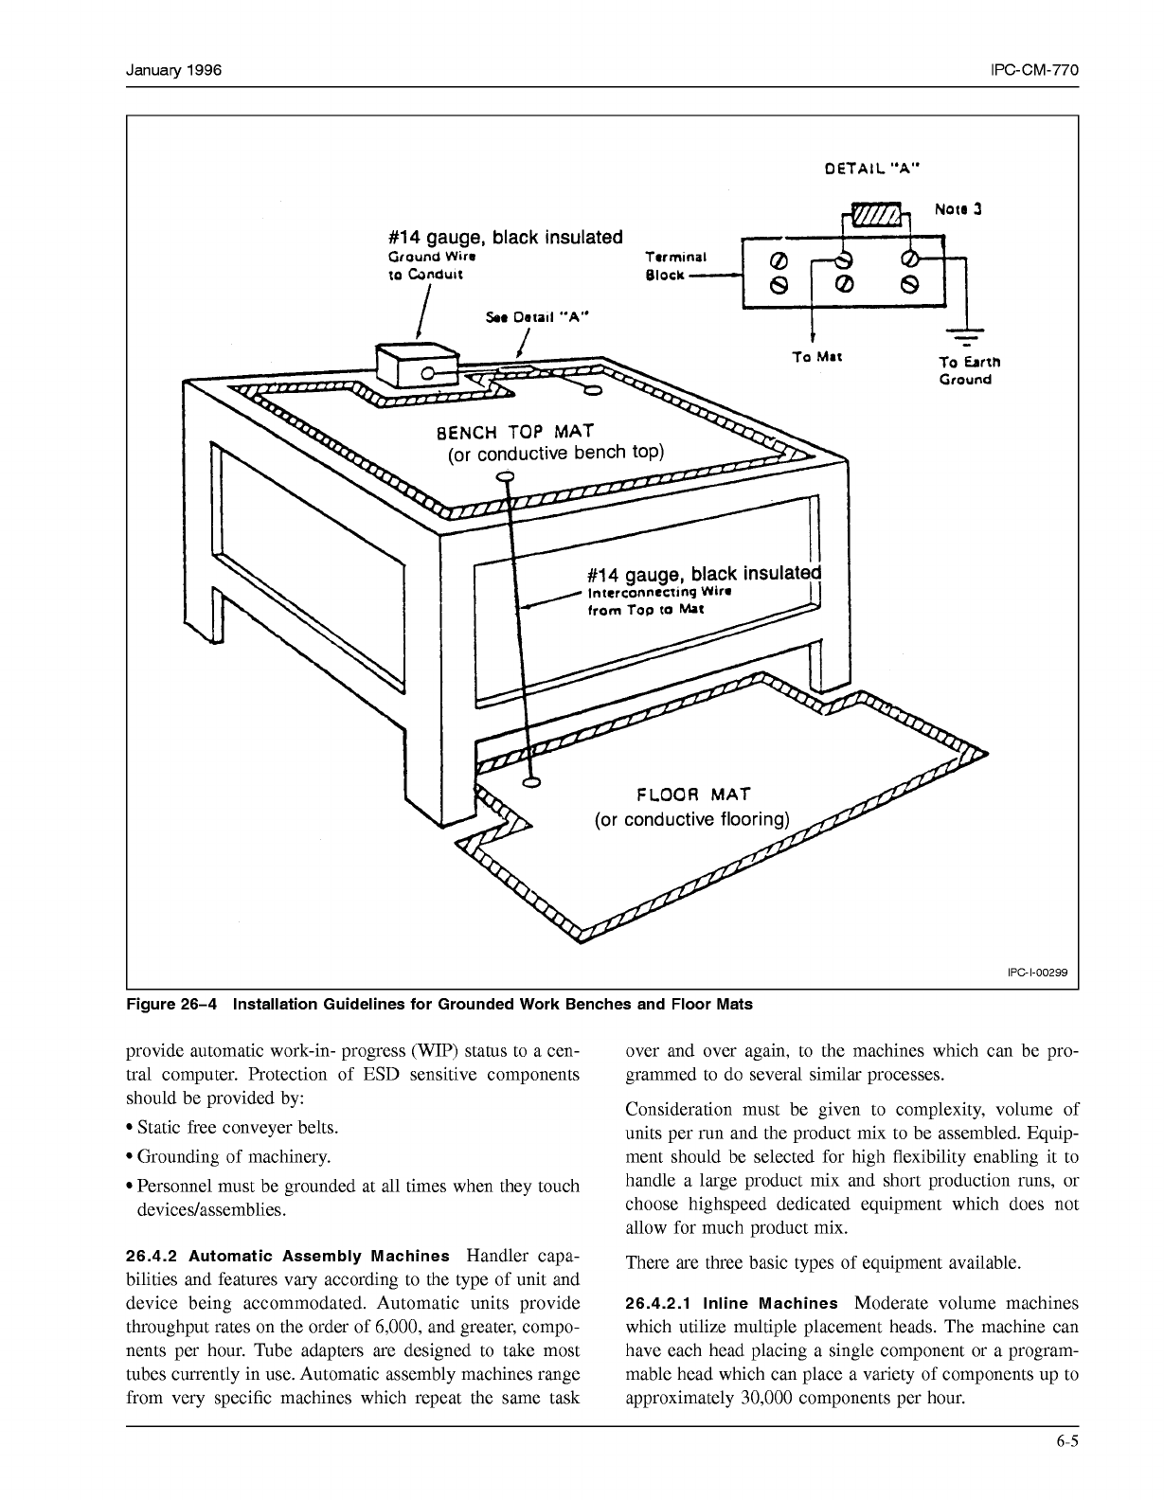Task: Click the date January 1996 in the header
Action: point(174,71)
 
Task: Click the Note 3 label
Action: point(958,208)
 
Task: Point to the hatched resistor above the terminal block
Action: point(877,216)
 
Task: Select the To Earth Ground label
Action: point(969,370)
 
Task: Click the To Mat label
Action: point(816,358)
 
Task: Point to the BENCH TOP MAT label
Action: point(514,433)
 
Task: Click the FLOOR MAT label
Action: point(693,794)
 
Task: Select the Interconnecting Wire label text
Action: point(660,592)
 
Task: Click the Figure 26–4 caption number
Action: point(171,1004)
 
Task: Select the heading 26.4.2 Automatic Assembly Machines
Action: point(287,1257)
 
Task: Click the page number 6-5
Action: point(1068,1443)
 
